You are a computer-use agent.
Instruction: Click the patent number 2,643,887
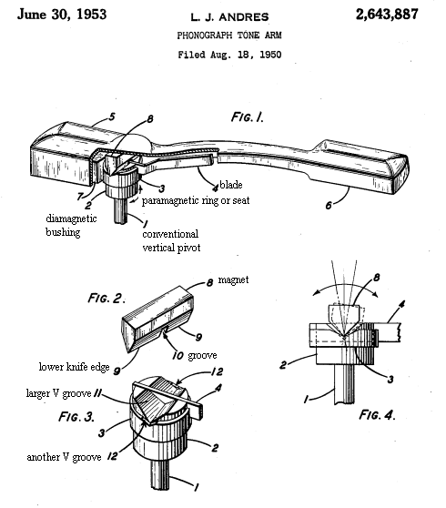pyautogui.click(x=387, y=15)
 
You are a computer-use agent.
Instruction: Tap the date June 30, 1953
pyautogui.click(x=62, y=15)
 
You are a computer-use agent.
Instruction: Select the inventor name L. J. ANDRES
pyautogui.click(x=229, y=17)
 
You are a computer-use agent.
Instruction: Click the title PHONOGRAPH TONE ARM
pyautogui.click(x=229, y=35)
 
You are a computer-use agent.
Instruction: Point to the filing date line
pyautogui.click(x=229, y=55)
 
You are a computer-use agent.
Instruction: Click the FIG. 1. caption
pyautogui.click(x=248, y=117)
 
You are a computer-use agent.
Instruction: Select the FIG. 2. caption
pyautogui.click(x=106, y=298)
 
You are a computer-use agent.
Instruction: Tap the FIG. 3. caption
pyautogui.click(x=76, y=416)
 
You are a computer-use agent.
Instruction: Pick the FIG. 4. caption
pyautogui.click(x=378, y=415)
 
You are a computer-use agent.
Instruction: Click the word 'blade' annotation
pyautogui.click(x=231, y=185)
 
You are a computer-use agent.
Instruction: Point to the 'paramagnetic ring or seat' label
pyautogui.click(x=196, y=200)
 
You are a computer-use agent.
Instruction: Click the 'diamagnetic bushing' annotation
pyautogui.click(x=71, y=225)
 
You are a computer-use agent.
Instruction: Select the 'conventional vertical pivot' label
pyautogui.click(x=171, y=240)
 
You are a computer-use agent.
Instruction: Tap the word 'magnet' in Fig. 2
pyautogui.click(x=233, y=279)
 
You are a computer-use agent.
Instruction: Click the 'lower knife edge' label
pyautogui.click(x=74, y=367)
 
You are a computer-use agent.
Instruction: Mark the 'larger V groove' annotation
pyautogui.click(x=58, y=393)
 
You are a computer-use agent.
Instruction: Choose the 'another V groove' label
pyautogui.click(x=64, y=457)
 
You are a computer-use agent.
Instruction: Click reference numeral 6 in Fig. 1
pyautogui.click(x=329, y=206)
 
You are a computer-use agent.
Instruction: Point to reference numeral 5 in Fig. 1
pyautogui.click(x=111, y=117)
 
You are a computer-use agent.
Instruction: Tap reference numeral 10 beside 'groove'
pyautogui.click(x=177, y=356)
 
